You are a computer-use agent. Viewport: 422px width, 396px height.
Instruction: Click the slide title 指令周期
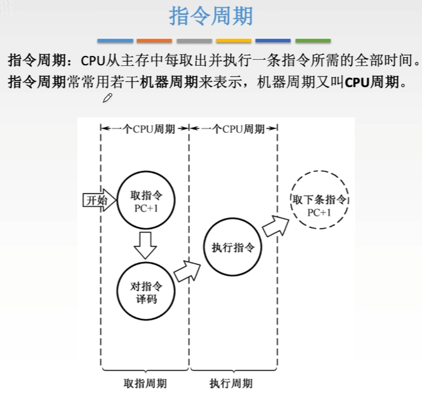210,16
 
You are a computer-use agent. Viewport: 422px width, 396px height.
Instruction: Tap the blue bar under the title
115,41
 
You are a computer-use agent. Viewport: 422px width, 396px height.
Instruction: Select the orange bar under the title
154,41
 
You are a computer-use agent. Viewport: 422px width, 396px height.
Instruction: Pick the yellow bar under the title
234,41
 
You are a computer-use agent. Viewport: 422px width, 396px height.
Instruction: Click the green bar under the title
313,41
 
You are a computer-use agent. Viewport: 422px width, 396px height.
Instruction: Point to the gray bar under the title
194,41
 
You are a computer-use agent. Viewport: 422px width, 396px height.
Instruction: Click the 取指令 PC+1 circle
145,200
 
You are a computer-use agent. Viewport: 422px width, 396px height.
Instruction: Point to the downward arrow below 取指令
145,244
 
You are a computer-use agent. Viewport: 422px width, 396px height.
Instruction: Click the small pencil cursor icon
108,98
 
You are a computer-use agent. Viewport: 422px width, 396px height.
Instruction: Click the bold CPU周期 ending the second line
373,81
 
